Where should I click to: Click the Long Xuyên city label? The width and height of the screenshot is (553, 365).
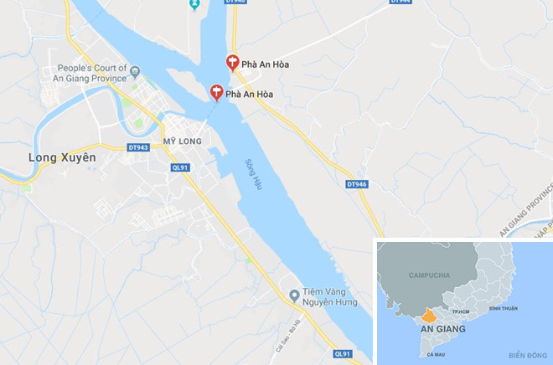click(62, 157)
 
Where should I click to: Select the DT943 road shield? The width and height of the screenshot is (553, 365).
click(139, 148)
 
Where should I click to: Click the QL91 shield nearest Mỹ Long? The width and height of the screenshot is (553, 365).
click(179, 167)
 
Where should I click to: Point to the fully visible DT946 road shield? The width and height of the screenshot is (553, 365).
click(356, 184)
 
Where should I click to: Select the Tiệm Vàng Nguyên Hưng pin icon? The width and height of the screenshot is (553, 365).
click(293, 295)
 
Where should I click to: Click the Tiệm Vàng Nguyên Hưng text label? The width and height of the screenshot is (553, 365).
click(331, 296)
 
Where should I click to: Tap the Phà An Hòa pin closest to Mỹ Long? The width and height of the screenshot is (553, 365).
click(215, 92)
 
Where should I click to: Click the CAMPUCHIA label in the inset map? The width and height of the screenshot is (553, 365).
click(429, 275)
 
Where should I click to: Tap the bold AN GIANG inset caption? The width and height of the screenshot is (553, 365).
click(443, 329)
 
